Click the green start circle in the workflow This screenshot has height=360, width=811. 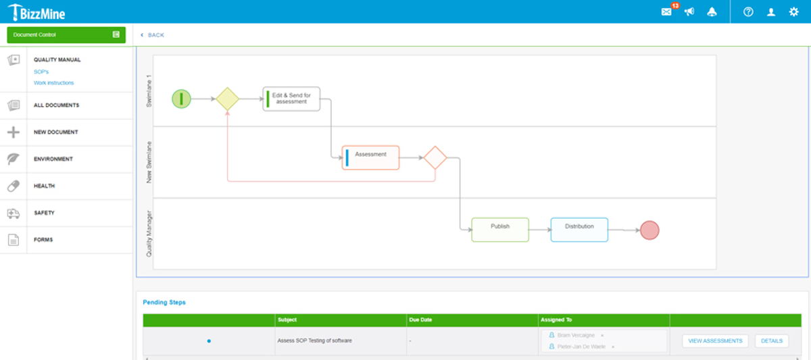click(181, 99)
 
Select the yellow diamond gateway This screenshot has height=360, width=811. click(227, 99)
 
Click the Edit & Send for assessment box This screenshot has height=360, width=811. click(291, 99)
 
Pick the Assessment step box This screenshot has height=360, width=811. click(370, 157)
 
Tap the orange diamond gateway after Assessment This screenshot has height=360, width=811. click(435, 158)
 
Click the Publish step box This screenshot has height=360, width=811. click(500, 230)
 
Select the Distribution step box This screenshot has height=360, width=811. click(579, 230)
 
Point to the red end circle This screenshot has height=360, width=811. click(649, 230)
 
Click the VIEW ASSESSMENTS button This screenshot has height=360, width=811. click(715, 341)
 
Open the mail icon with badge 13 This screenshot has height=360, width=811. click(666, 12)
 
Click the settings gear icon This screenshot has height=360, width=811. click(793, 12)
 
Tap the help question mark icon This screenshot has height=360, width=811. click(748, 12)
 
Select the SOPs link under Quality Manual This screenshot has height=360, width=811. click(41, 72)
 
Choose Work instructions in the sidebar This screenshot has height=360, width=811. click(53, 83)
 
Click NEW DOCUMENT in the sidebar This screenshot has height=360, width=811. click(56, 132)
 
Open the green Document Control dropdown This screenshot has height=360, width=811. click(66, 34)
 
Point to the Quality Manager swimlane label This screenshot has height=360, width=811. click(149, 234)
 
